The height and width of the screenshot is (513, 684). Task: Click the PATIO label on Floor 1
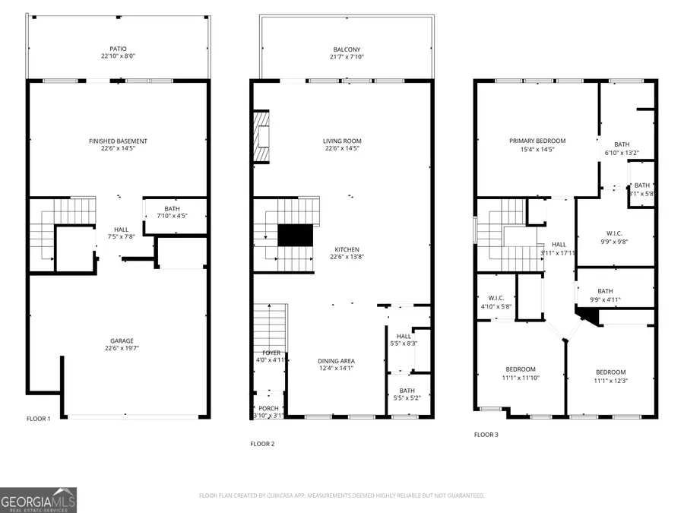(x=118, y=49)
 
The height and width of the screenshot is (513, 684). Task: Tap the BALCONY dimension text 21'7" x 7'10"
(x=346, y=57)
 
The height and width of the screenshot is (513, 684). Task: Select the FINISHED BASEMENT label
(x=118, y=141)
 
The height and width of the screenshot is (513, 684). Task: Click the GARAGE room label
(x=118, y=341)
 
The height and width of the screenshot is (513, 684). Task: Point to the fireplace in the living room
(x=262, y=137)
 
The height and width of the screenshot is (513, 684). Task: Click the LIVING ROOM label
(x=342, y=141)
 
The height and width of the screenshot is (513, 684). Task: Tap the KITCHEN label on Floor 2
(x=346, y=249)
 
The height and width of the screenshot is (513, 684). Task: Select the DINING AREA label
(x=336, y=361)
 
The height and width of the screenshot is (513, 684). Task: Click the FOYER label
(x=271, y=353)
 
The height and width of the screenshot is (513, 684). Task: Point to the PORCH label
(x=268, y=408)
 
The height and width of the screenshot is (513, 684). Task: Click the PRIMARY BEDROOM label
(x=537, y=141)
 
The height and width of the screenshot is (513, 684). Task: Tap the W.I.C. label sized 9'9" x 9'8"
(x=614, y=233)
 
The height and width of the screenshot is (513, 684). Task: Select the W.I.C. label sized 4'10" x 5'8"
(x=496, y=298)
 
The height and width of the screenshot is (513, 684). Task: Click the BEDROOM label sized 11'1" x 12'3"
(x=610, y=372)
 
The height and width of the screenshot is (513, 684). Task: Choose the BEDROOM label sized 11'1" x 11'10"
(x=520, y=369)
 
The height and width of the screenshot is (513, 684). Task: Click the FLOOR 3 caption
(x=486, y=435)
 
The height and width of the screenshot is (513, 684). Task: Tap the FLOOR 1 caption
(x=38, y=419)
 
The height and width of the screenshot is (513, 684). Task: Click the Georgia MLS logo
(x=38, y=500)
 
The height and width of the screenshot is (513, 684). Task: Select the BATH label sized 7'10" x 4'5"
(x=172, y=209)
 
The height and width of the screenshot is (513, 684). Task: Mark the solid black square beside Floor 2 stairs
(x=296, y=236)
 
